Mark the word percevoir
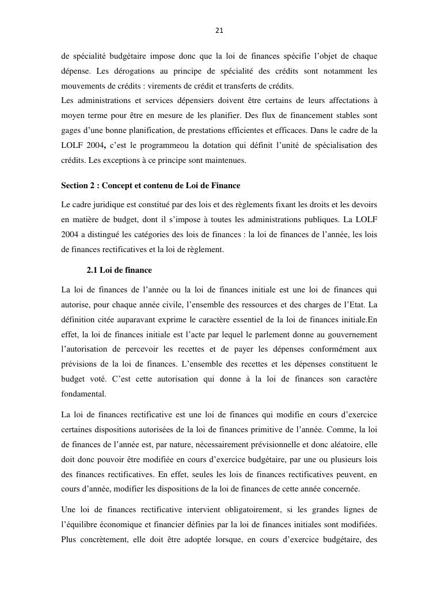coord(165,349)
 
